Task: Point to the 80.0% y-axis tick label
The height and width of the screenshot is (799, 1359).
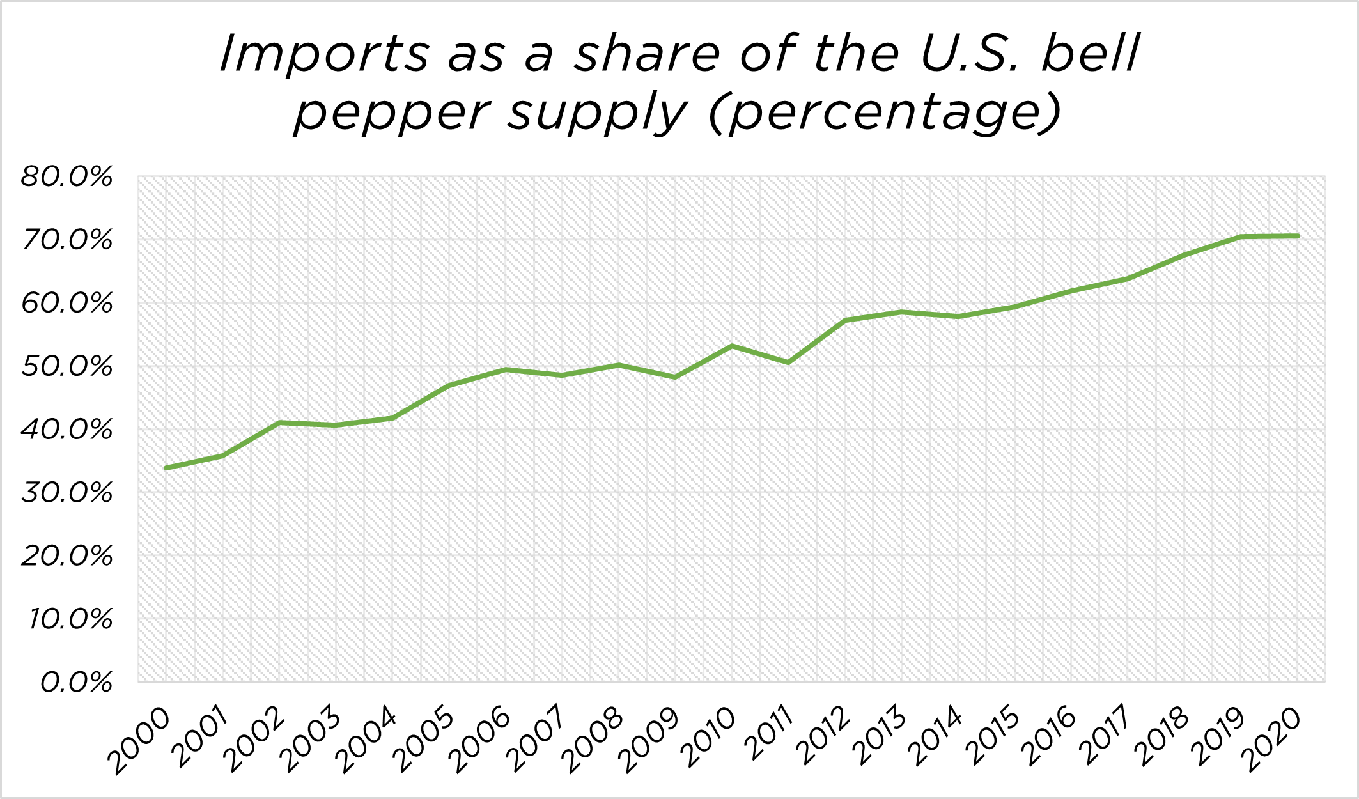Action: pos(66,177)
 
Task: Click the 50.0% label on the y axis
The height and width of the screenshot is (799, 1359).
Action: pos(66,367)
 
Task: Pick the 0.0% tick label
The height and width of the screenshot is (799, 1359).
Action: pos(76,683)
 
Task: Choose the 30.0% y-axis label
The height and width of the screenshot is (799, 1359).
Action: pos(66,493)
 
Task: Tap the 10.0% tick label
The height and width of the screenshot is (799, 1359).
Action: pos(70,619)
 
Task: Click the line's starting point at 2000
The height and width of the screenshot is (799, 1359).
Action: pos(166,468)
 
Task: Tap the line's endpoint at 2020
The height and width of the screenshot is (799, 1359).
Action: pos(1298,236)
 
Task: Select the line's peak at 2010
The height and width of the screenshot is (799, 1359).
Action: pos(732,346)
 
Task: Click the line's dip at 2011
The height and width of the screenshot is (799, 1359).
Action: pos(788,362)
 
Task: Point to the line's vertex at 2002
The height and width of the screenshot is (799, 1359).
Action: pos(279,423)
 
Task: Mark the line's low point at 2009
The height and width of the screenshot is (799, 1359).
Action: pos(675,377)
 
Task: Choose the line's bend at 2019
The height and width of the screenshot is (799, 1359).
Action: pos(1241,237)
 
